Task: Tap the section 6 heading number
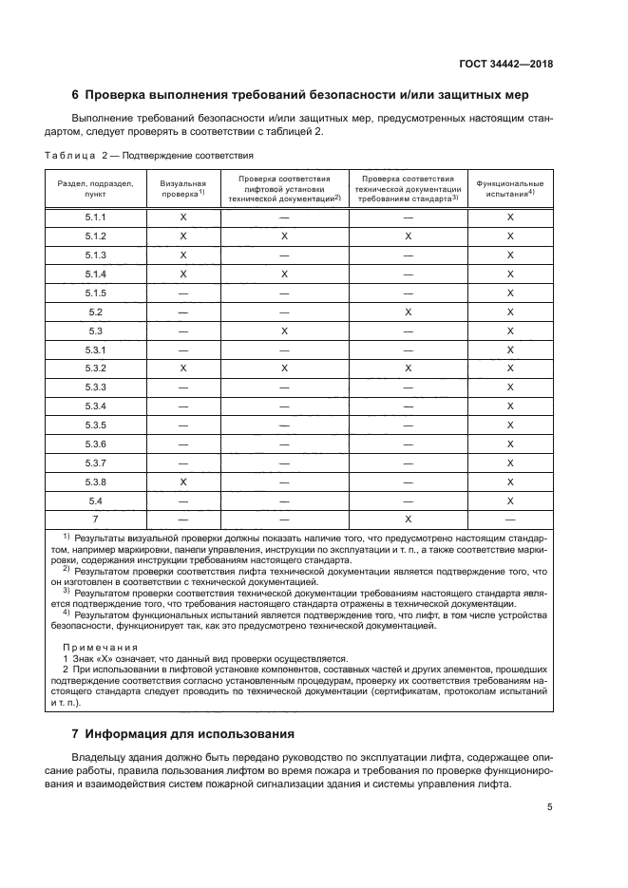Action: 76,95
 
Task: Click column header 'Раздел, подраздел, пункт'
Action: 95,187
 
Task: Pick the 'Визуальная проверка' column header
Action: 183,187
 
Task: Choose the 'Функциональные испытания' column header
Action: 509,187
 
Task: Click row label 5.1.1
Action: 95,217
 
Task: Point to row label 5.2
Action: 95,312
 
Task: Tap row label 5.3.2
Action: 95,368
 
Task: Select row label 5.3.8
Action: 95,482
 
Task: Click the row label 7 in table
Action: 95,520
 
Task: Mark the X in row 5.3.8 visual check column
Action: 183,482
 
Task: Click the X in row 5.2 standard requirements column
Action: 408,312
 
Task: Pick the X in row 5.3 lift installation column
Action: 284,331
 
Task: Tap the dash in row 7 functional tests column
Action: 509,520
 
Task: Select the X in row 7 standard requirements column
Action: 408,520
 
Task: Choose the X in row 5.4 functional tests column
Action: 509,501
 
